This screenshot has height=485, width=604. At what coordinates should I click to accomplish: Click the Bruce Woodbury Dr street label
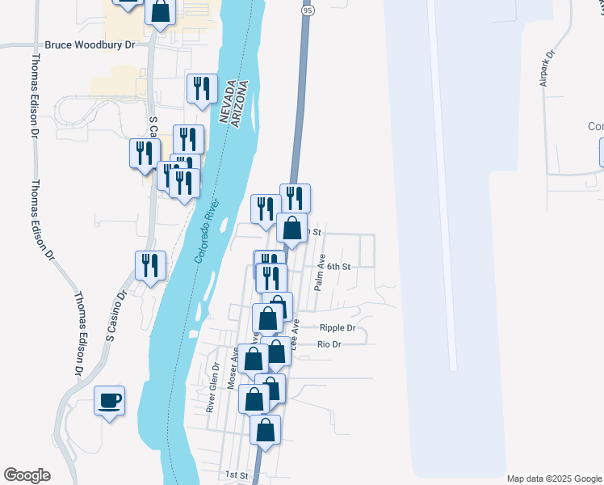[90, 46]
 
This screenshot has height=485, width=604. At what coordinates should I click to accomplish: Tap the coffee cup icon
[110, 400]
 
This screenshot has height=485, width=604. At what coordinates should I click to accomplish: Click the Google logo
[27, 475]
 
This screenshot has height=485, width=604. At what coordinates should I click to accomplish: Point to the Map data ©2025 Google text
[554, 479]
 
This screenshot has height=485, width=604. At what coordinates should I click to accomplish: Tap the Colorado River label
[208, 232]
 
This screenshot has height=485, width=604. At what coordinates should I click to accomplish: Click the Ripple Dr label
[338, 328]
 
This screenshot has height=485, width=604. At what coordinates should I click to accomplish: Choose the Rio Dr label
[330, 344]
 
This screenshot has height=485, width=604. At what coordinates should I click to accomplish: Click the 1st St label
[235, 474]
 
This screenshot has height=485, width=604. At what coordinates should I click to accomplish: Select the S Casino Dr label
[118, 316]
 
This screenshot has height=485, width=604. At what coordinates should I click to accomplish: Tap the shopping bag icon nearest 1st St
[265, 430]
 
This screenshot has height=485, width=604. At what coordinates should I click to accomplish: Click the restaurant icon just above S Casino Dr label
[150, 265]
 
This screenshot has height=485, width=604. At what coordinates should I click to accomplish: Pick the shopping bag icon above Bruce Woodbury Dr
[161, 11]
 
